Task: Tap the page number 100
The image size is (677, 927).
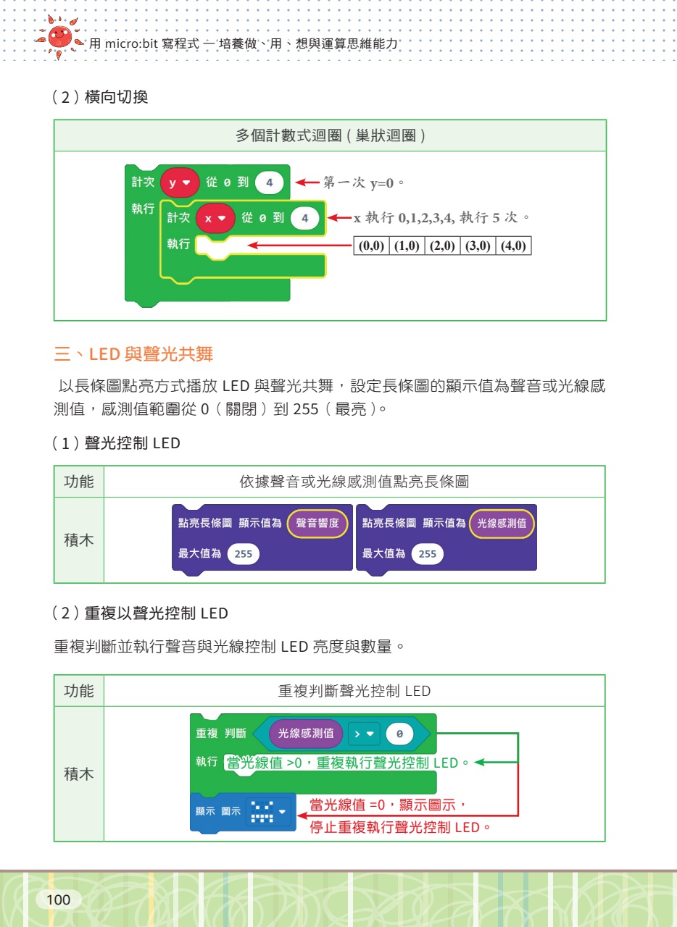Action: tap(58, 899)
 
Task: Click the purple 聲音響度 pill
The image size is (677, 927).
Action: tap(317, 523)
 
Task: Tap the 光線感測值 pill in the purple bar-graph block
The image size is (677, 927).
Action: tap(502, 523)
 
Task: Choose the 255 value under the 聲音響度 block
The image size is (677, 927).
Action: tap(244, 554)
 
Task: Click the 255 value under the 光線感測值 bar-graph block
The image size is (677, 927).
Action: tap(428, 554)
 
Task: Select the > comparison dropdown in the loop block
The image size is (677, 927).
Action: tap(364, 734)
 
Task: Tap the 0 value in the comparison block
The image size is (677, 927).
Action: tap(399, 734)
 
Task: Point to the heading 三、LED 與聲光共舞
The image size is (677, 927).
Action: tap(134, 355)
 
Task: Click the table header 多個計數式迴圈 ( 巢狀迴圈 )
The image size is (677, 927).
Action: tap(330, 135)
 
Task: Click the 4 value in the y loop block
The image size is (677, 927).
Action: tap(270, 183)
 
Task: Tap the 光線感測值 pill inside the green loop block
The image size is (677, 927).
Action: tap(306, 734)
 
